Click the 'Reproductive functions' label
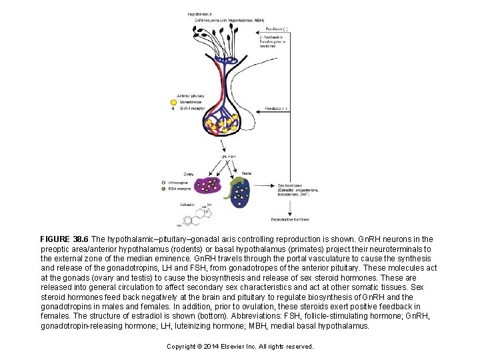click(x=289, y=219)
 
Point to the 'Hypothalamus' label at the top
click(x=201, y=13)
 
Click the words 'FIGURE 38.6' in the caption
click(x=64, y=239)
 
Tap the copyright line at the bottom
click(x=239, y=347)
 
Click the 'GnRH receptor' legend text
click(x=191, y=109)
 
